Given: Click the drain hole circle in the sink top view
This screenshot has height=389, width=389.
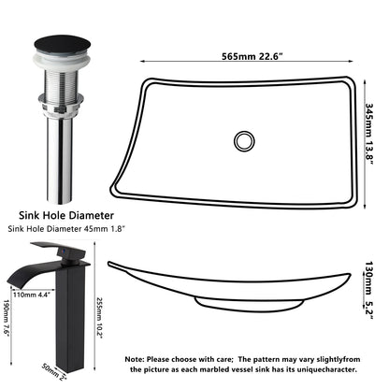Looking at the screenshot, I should tap(245, 141).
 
